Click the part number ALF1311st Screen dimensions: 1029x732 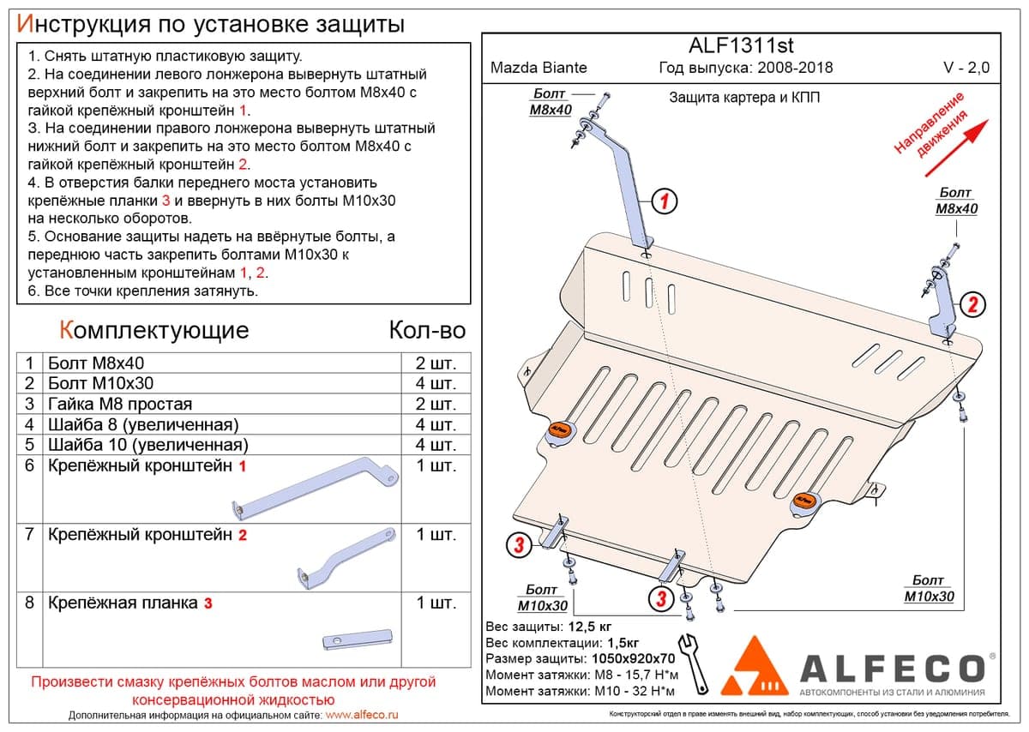741,45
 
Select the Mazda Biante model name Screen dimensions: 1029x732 539,68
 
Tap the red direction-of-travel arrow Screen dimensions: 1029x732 956,148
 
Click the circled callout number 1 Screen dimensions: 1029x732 665,201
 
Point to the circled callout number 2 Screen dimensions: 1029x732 972,304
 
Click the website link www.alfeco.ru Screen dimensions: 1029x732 362,715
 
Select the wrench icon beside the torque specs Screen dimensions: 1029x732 693,664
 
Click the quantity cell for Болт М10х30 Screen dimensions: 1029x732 436,383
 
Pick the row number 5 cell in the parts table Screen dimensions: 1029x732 30,445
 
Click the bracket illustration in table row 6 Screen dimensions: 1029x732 316,489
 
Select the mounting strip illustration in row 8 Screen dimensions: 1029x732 358,639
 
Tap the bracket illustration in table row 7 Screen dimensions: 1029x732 346,557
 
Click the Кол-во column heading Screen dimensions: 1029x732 427,330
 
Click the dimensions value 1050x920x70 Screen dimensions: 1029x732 634,658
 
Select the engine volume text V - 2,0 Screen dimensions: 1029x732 966,68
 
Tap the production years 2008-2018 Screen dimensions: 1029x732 795,68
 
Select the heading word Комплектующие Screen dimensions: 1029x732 154,330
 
